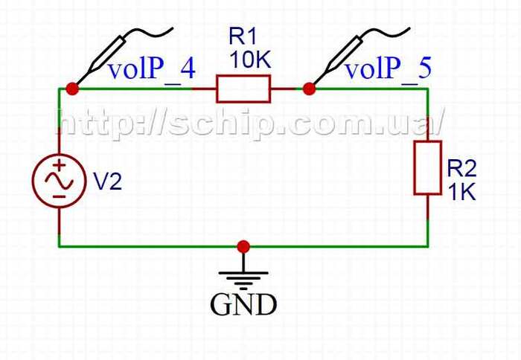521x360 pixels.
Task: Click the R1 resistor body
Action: click(243, 89)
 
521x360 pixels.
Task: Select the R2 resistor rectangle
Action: click(428, 167)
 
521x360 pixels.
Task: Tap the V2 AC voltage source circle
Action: click(57, 181)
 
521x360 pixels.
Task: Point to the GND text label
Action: click(243, 305)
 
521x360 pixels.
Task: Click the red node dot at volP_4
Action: click(72, 89)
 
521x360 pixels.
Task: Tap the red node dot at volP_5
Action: click(308, 89)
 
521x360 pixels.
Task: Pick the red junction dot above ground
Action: click(243, 246)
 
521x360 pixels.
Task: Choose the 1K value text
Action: click(461, 192)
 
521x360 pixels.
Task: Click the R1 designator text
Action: click(243, 36)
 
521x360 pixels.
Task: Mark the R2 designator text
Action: click(461, 168)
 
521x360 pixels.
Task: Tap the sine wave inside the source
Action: click(57, 181)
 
